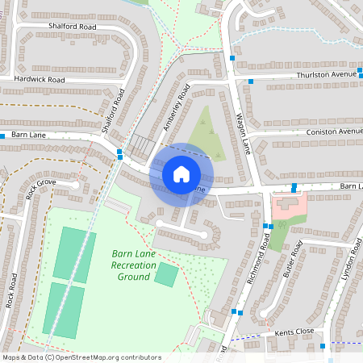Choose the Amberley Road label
176,105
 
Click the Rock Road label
11,290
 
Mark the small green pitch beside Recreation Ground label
166,273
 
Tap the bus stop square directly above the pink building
294,187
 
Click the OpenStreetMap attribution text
81,357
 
